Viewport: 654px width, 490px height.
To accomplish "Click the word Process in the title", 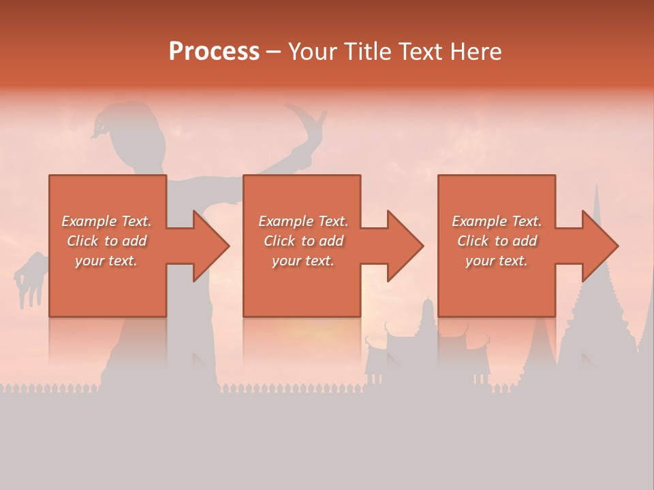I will (214, 51).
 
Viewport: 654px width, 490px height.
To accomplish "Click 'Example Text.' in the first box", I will (107, 221).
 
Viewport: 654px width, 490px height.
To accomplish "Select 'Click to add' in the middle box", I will (302, 241).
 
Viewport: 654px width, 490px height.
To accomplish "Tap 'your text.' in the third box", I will (497, 261).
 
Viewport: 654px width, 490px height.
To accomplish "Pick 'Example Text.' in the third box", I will (497, 221).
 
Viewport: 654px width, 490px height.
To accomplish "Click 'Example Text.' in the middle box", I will (302, 221).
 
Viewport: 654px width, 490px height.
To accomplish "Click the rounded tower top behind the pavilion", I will (427, 306).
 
